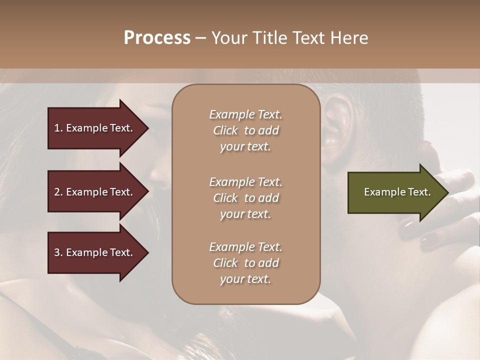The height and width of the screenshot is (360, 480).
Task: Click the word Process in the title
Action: [x=157, y=38]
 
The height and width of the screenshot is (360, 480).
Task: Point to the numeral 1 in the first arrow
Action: [x=57, y=128]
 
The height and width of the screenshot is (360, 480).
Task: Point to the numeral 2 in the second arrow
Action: [x=57, y=192]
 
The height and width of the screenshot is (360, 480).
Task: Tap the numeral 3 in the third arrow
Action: [x=57, y=252]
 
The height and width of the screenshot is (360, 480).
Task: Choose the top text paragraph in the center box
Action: [x=245, y=130]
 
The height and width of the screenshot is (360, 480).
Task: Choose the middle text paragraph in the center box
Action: [x=245, y=198]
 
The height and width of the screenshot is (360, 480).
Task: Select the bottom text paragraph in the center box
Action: [x=245, y=263]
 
